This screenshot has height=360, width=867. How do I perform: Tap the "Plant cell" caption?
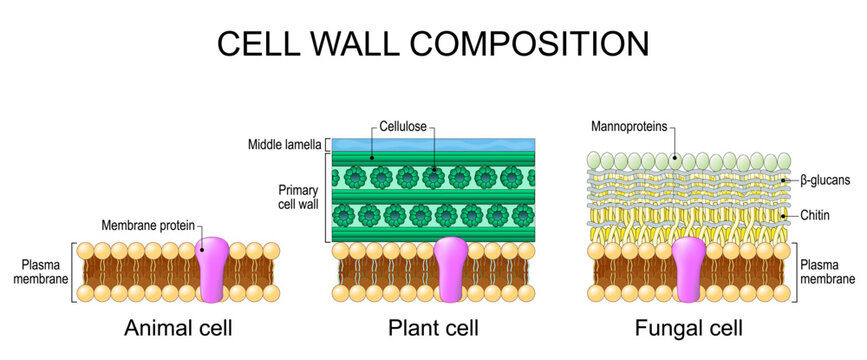pyautogui.click(x=433, y=327)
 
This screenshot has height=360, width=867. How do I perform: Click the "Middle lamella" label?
pyautogui.click(x=284, y=145)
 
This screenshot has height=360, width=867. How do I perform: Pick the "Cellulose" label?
pyautogui.click(x=404, y=127)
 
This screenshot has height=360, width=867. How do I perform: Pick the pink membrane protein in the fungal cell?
pyautogui.click(x=690, y=272)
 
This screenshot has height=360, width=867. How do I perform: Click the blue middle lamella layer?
pyautogui.click(x=434, y=144)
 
